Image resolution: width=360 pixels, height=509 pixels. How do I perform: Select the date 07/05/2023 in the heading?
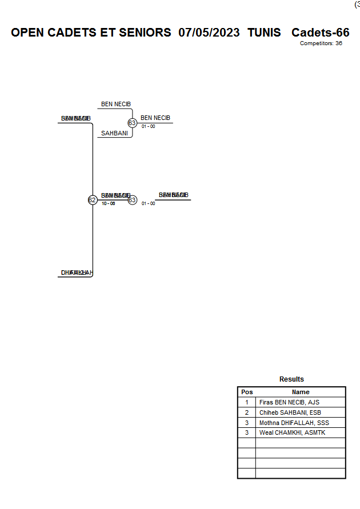click(x=209, y=33)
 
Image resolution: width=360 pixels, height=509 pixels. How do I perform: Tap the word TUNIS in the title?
click(x=264, y=33)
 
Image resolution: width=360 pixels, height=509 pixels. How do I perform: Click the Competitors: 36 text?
click(x=321, y=43)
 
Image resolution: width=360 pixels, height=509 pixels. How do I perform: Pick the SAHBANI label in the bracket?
click(x=114, y=133)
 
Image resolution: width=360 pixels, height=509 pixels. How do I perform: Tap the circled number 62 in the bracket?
click(x=92, y=200)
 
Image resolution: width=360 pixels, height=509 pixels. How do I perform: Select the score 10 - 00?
click(x=109, y=203)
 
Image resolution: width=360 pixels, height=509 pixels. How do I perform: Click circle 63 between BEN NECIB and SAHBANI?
click(x=132, y=123)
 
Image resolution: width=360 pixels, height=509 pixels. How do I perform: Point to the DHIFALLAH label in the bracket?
click(x=77, y=272)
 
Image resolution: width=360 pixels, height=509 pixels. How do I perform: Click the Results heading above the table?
click(x=291, y=379)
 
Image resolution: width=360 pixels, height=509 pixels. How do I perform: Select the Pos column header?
click(x=247, y=392)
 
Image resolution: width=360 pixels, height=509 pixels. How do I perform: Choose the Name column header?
click(x=301, y=392)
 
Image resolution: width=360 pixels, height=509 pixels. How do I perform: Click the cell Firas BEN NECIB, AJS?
click(x=289, y=402)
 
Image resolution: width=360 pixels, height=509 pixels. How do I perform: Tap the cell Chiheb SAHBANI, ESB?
click(x=289, y=412)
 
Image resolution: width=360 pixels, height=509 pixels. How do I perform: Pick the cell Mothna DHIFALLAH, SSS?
click(x=294, y=423)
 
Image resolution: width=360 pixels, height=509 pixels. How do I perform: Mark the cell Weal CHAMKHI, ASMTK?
click(x=292, y=433)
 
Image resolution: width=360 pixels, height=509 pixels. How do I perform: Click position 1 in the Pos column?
click(x=247, y=402)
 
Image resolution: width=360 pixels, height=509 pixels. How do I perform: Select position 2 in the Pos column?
click(x=247, y=412)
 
